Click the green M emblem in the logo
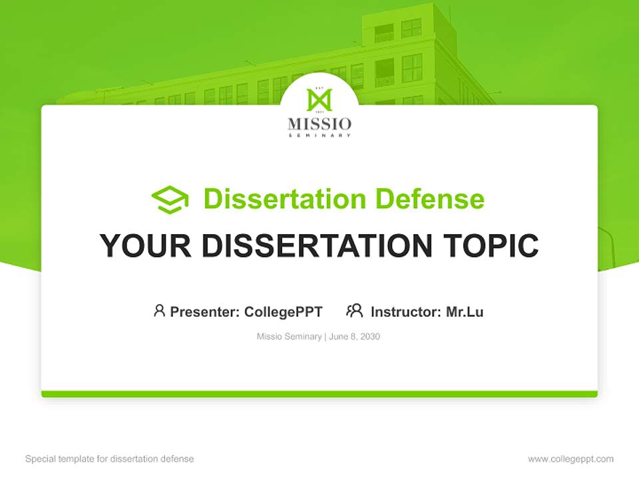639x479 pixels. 319,100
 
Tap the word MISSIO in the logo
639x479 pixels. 319,124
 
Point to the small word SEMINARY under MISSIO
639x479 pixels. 319,135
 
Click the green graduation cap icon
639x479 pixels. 170,199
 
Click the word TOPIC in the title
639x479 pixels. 493,246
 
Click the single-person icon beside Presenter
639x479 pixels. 159,311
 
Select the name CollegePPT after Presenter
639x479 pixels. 284,311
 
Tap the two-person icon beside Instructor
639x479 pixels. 355,311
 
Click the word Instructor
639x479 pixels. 405,311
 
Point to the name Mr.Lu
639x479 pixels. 465,311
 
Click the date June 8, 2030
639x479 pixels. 354,337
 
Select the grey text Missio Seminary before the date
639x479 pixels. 290,337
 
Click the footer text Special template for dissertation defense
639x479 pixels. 110,459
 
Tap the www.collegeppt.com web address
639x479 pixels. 570,459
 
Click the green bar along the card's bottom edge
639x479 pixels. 319,394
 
